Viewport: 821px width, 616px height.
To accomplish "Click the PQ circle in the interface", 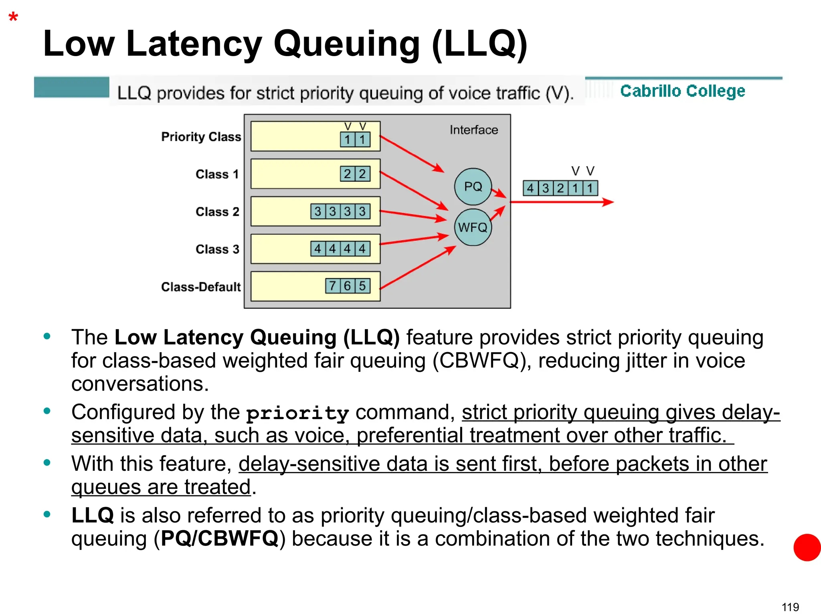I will (473, 186).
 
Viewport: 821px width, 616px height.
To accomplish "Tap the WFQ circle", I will (473, 227).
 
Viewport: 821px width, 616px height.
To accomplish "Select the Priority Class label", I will (201, 137).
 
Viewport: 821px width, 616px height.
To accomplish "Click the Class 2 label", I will (217, 211).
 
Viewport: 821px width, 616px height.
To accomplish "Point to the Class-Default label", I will (201, 287).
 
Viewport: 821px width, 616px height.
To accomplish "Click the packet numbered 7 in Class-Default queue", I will (332, 286).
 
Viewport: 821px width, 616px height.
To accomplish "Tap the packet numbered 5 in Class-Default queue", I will (362, 286).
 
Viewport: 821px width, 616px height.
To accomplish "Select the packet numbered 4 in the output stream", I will (530, 188).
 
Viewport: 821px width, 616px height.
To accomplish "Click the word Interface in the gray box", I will (473, 130).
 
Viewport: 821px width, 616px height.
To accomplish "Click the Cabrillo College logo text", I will (682, 91).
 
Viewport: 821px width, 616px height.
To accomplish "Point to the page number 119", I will (790, 607).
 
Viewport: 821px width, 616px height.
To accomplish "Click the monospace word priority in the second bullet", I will (297, 413).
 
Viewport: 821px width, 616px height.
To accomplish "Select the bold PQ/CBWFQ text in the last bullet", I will (219, 538).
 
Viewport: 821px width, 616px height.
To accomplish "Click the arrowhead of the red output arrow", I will (608, 202).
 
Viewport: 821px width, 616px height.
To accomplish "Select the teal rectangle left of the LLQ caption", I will (71, 87).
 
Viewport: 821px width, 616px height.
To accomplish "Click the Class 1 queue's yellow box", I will (295, 174).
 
